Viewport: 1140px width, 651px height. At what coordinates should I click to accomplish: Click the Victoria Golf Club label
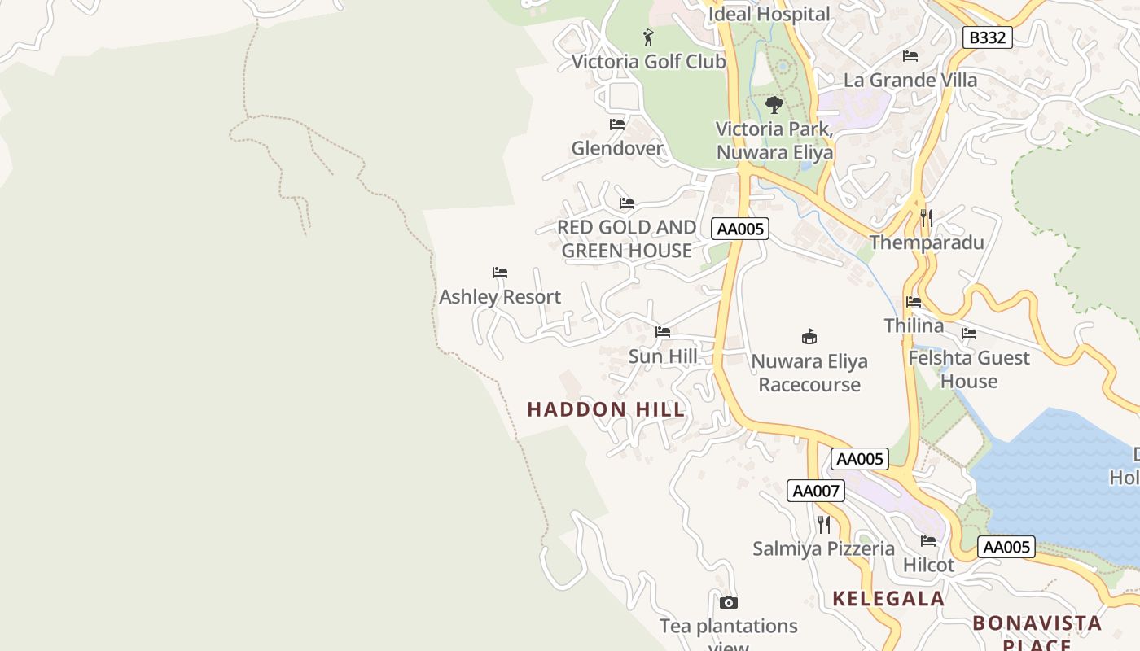tap(648, 62)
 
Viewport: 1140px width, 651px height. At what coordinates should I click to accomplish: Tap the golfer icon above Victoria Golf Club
tap(648, 37)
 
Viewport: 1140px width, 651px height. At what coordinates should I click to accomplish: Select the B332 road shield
tap(987, 37)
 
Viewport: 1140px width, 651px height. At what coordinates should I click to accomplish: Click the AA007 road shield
tap(816, 491)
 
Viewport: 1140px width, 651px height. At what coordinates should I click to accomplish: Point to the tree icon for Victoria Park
tap(774, 105)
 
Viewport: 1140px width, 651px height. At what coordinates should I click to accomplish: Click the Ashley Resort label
tap(500, 297)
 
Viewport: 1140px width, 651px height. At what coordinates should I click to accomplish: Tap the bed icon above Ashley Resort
tap(500, 273)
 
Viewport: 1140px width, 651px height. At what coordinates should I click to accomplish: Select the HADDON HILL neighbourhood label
tap(607, 409)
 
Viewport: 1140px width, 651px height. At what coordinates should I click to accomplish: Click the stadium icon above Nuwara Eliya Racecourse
tap(809, 336)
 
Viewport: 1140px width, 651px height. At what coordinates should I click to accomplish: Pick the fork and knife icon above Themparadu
tap(926, 218)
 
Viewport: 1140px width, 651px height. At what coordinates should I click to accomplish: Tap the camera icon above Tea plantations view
tap(729, 603)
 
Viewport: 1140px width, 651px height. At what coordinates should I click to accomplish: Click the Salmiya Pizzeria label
tap(823, 548)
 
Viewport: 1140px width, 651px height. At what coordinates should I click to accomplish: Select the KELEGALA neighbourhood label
tap(888, 599)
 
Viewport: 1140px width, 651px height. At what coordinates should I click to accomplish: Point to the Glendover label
tap(617, 149)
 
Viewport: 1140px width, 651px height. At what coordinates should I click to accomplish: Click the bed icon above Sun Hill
tap(663, 332)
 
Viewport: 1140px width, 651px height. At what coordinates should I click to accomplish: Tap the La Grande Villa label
tap(910, 81)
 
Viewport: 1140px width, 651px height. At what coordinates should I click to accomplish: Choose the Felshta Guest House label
tap(969, 369)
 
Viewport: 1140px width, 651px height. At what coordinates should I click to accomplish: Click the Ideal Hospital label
tap(769, 14)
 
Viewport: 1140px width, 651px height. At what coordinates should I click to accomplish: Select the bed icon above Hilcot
tap(928, 541)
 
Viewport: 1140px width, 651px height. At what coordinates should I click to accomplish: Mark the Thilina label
tap(914, 326)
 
